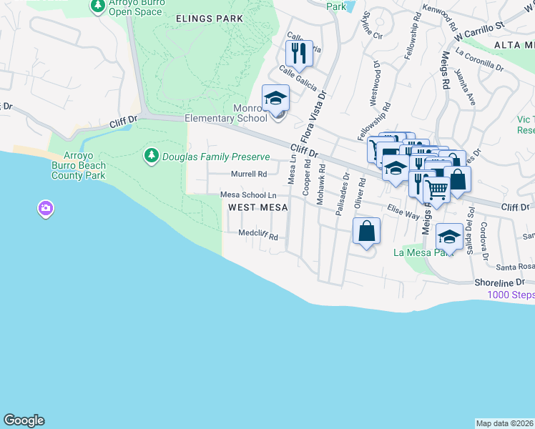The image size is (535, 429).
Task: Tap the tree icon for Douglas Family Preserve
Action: coord(151,155)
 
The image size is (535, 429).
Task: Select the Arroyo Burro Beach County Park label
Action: coord(84,165)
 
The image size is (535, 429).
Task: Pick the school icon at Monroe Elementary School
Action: coord(275,97)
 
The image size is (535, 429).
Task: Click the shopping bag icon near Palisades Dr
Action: coord(366,231)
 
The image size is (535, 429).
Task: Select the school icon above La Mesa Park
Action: coord(449,236)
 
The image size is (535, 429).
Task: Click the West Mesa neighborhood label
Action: coord(257,207)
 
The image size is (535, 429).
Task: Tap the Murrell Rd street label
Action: coord(248,174)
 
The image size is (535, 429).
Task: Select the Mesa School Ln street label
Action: coord(248,194)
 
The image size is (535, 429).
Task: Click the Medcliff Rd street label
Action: coord(257,233)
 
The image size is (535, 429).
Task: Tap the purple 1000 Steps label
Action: coord(511,295)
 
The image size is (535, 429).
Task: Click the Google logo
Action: coord(24,420)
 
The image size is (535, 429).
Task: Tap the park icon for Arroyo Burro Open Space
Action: coord(98,6)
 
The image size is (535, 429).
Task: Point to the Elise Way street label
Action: coord(403,212)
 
